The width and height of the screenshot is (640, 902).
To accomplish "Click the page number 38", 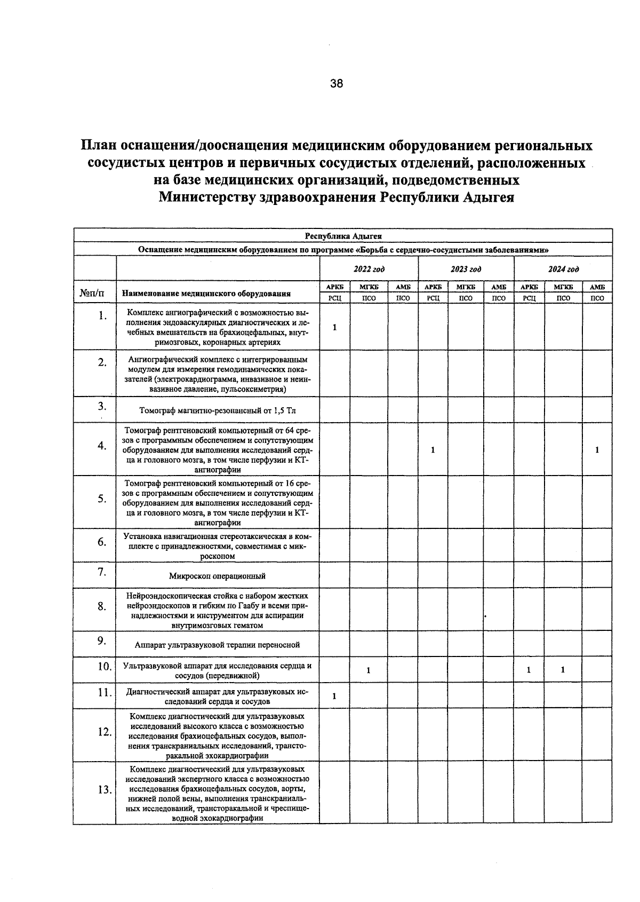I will point(337,83).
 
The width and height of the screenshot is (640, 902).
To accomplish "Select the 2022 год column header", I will point(369,269).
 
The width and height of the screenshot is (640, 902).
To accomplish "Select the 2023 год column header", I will point(466,269).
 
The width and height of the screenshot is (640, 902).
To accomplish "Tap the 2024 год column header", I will point(563,269).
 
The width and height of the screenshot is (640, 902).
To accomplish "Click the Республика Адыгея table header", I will point(343,235).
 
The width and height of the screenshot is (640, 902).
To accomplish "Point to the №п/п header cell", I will point(92,293).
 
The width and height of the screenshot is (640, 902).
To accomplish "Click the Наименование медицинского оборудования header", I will point(206,293).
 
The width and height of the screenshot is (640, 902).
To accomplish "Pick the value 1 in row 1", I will point(334,327).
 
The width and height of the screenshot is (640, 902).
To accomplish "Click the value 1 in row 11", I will point(334,696).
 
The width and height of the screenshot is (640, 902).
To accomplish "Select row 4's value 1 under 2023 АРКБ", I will point(433,450).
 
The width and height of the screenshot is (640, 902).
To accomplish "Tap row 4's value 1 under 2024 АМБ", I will point(597,450).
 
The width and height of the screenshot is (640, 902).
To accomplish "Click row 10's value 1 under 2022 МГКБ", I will point(369,670).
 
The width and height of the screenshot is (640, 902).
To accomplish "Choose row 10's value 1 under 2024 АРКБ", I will point(529,670).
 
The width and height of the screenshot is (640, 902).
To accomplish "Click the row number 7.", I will point(102,572).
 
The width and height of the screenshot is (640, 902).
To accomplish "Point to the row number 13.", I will point(104,790).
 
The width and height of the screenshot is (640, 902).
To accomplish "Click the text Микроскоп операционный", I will point(217,576).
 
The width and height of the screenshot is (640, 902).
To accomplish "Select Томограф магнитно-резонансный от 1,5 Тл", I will point(217,411).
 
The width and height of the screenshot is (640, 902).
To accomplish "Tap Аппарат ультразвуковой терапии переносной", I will point(217,645).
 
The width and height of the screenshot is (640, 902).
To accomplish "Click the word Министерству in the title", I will point(206,197).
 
